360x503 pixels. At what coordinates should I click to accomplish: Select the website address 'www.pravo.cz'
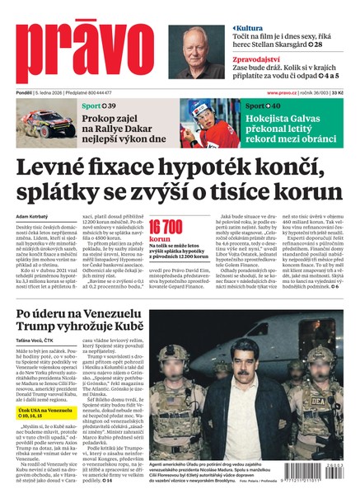(282, 93)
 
